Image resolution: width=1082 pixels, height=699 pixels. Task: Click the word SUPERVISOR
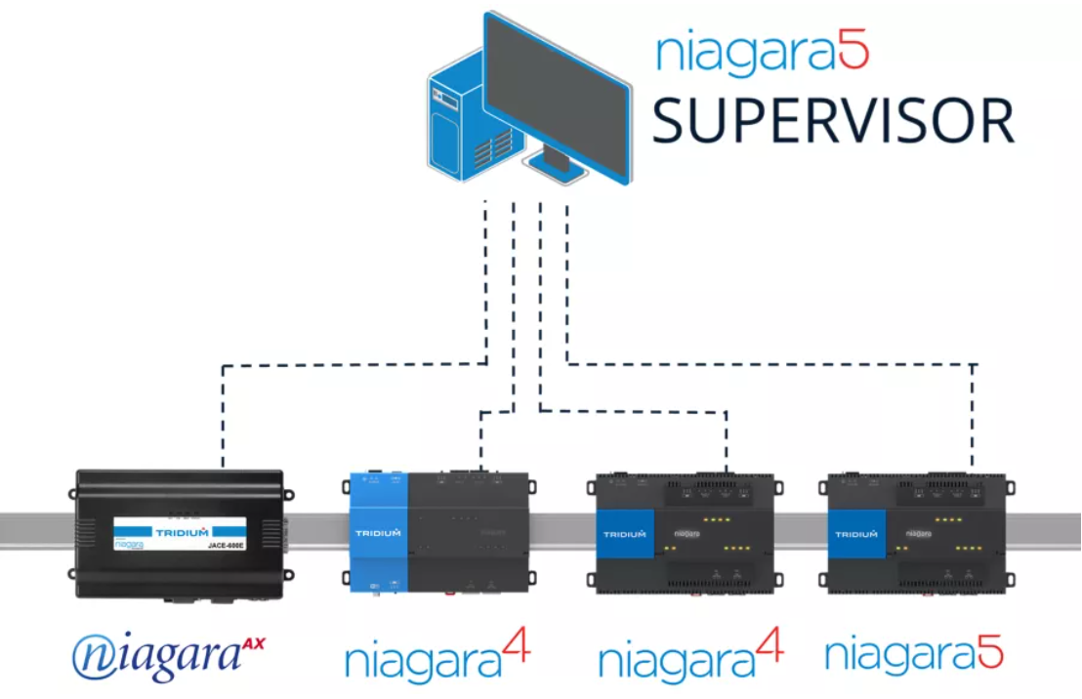coord(832,121)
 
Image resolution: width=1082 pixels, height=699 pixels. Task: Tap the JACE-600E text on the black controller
coord(225,547)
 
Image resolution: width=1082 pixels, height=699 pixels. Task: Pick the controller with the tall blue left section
coord(438,533)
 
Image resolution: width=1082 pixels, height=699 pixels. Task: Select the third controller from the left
coord(685,534)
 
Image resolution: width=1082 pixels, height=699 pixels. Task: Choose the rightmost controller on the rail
coord(916,534)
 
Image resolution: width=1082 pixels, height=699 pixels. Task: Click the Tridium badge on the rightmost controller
coord(855,534)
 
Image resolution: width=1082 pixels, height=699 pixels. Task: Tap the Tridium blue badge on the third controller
coord(624,534)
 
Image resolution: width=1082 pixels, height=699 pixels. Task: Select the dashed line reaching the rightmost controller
coord(974,410)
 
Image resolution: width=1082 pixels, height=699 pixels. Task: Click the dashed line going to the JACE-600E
coord(224,410)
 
